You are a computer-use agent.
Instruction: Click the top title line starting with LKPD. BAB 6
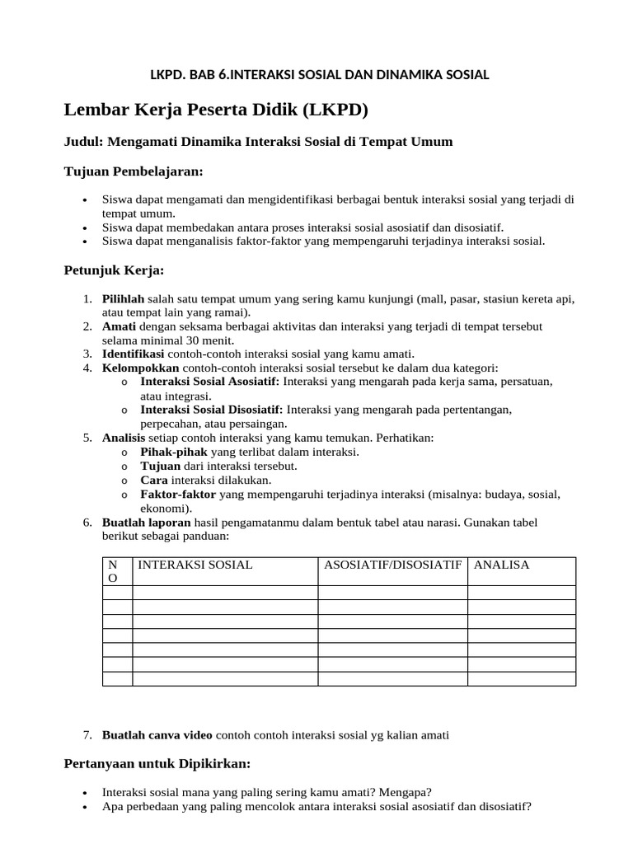coord(319,75)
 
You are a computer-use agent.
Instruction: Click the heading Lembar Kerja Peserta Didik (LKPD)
coord(216,110)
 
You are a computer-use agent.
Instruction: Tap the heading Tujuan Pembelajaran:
coord(133,171)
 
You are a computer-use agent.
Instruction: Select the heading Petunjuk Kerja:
coord(114,270)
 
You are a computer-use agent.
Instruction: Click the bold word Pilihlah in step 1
coord(123,298)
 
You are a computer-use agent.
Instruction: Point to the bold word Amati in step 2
coord(120,326)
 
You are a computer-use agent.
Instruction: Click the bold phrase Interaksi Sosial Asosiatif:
coord(210,382)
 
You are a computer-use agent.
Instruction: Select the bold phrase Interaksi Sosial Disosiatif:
coord(212,410)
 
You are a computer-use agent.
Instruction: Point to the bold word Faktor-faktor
coord(178,494)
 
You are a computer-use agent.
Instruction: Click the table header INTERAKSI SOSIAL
coord(195,565)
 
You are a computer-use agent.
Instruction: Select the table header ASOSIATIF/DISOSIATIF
coord(392,565)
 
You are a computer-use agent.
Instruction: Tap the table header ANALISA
coord(502,565)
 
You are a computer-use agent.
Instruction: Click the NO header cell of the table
coord(114,571)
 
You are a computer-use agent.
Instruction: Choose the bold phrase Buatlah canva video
coord(157,734)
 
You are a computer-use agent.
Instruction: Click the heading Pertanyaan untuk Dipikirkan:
coord(157,763)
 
